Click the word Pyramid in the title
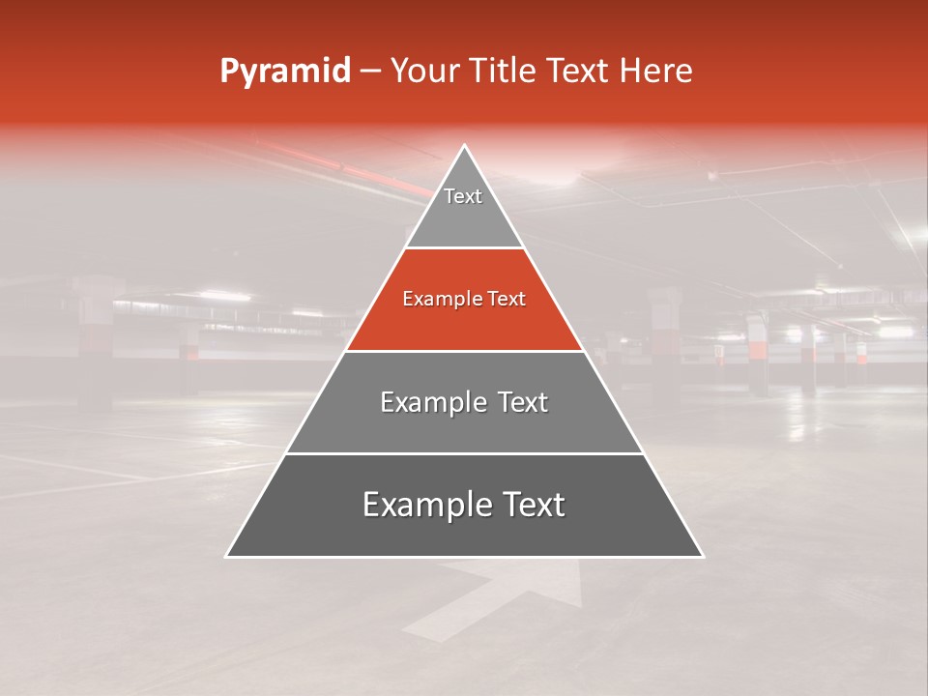pyautogui.click(x=284, y=72)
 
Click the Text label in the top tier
pyautogui.click(x=463, y=196)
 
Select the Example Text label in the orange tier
pyautogui.click(x=464, y=300)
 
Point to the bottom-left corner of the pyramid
pyautogui.click(x=227, y=556)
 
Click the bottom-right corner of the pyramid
pyautogui.click(x=702, y=556)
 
